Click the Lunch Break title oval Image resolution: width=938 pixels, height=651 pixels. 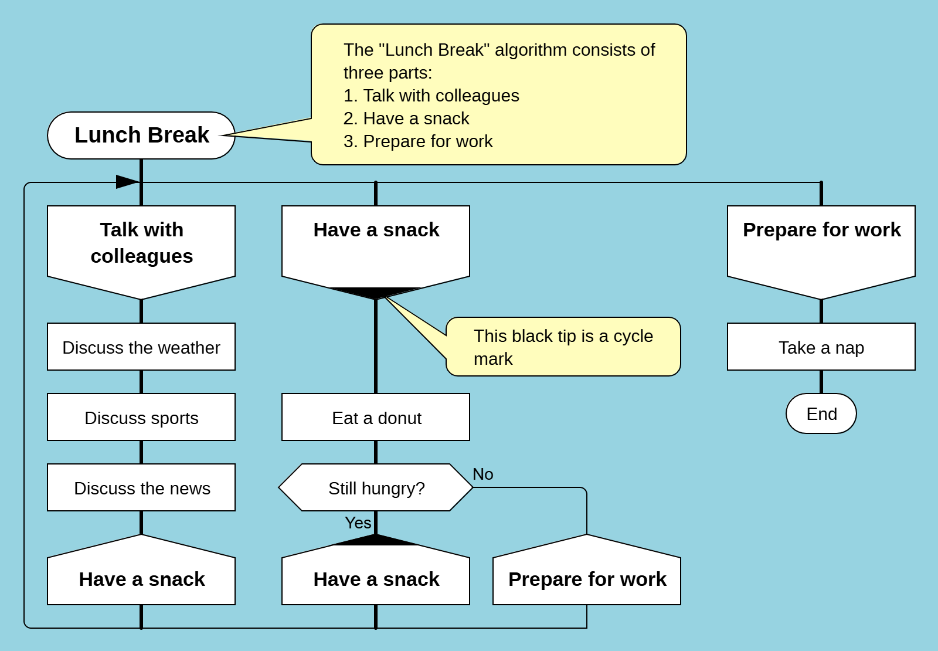tap(141, 135)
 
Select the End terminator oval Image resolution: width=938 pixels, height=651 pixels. tap(821, 414)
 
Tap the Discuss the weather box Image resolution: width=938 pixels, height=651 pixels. tap(141, 347)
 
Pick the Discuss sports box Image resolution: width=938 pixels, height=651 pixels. tap(141, 418)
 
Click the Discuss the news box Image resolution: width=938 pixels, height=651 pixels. tap(141, 488)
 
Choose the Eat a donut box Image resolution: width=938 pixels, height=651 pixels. tap(376, 418)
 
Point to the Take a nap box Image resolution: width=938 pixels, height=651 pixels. tap(821, 347)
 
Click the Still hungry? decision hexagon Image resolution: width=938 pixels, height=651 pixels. tap(376, 488)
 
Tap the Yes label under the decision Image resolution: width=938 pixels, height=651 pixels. tap(358, 523)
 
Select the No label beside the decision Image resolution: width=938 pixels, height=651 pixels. tap(483, 474)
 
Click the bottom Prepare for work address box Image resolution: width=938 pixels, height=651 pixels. tap(587, 579)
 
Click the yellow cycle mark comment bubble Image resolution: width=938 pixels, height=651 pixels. tap(563, 347)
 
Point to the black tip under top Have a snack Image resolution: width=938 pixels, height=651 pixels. tap(376, 293)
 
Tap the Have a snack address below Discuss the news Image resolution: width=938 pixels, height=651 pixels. tap(141, 579)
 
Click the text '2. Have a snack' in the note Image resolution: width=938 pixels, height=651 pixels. tap(406, 118)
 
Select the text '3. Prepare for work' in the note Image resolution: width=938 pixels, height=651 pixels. tap(418, 141)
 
